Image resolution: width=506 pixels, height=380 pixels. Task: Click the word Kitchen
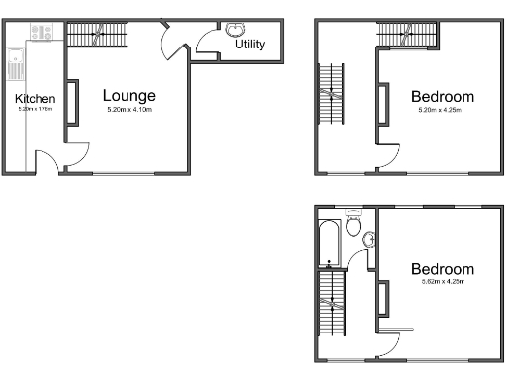pyautogui.click(x=35, y=99)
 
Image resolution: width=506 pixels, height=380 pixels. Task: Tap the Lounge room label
pyautogui.click(x=129, y=96)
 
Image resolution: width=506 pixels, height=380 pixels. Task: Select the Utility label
pyautogui.click(x=250, y=45)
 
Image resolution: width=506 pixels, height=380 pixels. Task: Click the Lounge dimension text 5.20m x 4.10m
pyautogui.click(x=130, y=110)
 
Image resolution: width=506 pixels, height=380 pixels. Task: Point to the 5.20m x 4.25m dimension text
pyautogui.click(x=442, y=111)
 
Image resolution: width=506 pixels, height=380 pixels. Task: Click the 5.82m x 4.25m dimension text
pyautogui.click(x=442, y=284)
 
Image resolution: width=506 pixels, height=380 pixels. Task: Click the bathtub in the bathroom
pyautogui.click(x=329, y=243)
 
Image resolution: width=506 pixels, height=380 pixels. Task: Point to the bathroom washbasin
pyautogui.click(x=369, y=238)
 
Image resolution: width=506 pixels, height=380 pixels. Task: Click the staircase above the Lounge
pyautogui.click(x=98, y=37)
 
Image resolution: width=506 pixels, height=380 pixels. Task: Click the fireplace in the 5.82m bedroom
pyautogui.click(x=382, y=298)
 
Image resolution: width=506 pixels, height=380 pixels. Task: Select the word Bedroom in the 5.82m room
pyautogui.click(x=442, y=269)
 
